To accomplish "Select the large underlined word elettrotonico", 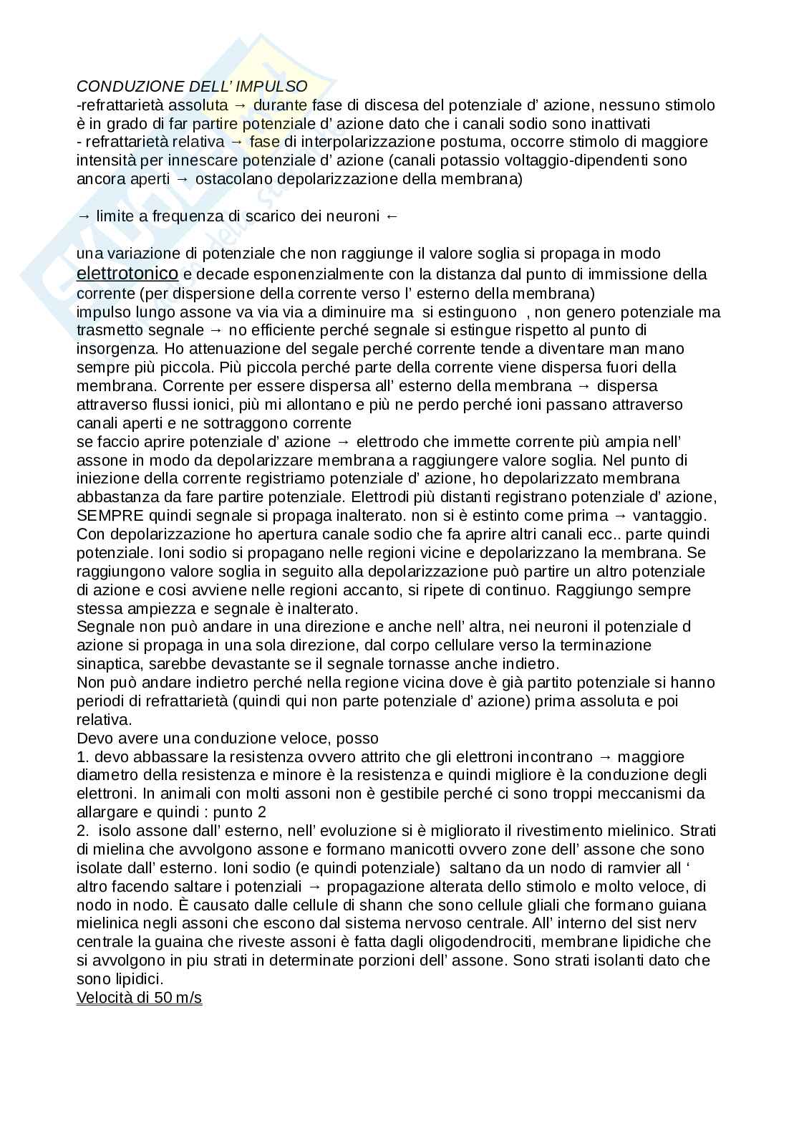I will (127, 274).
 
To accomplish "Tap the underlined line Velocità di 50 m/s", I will (139, 998).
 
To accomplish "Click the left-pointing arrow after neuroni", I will (391, 216).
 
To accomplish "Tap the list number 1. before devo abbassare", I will (83, 757).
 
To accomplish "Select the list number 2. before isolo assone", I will (83, 831).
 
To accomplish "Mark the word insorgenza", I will (116, 349).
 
